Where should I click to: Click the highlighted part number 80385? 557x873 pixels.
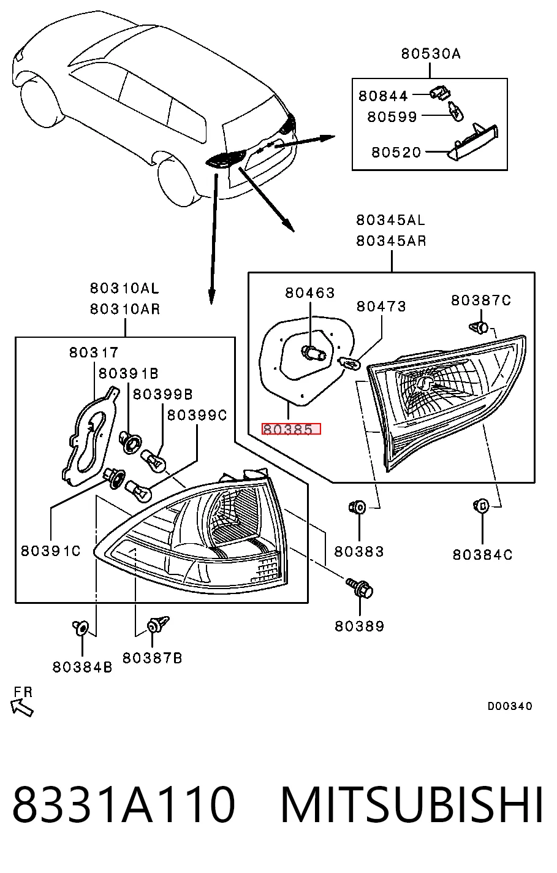(291, 429)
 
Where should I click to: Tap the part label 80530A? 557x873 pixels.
(431, 53)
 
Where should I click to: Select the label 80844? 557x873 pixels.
(383, 96)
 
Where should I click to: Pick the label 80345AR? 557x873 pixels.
(391, 241)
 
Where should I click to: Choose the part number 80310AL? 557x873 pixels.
(124, 288)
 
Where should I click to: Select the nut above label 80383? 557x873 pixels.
(357, 507)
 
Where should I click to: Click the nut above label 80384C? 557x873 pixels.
(481, 506)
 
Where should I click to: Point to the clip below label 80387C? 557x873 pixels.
(479, 327)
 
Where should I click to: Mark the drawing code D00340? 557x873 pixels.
(510, 706)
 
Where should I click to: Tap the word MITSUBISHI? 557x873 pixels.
(411, 804)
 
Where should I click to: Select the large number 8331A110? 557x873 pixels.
(124, 804)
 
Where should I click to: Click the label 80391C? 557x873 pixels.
(51, 551)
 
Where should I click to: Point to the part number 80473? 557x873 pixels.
(381, 307)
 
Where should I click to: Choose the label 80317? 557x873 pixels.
(94, 353)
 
